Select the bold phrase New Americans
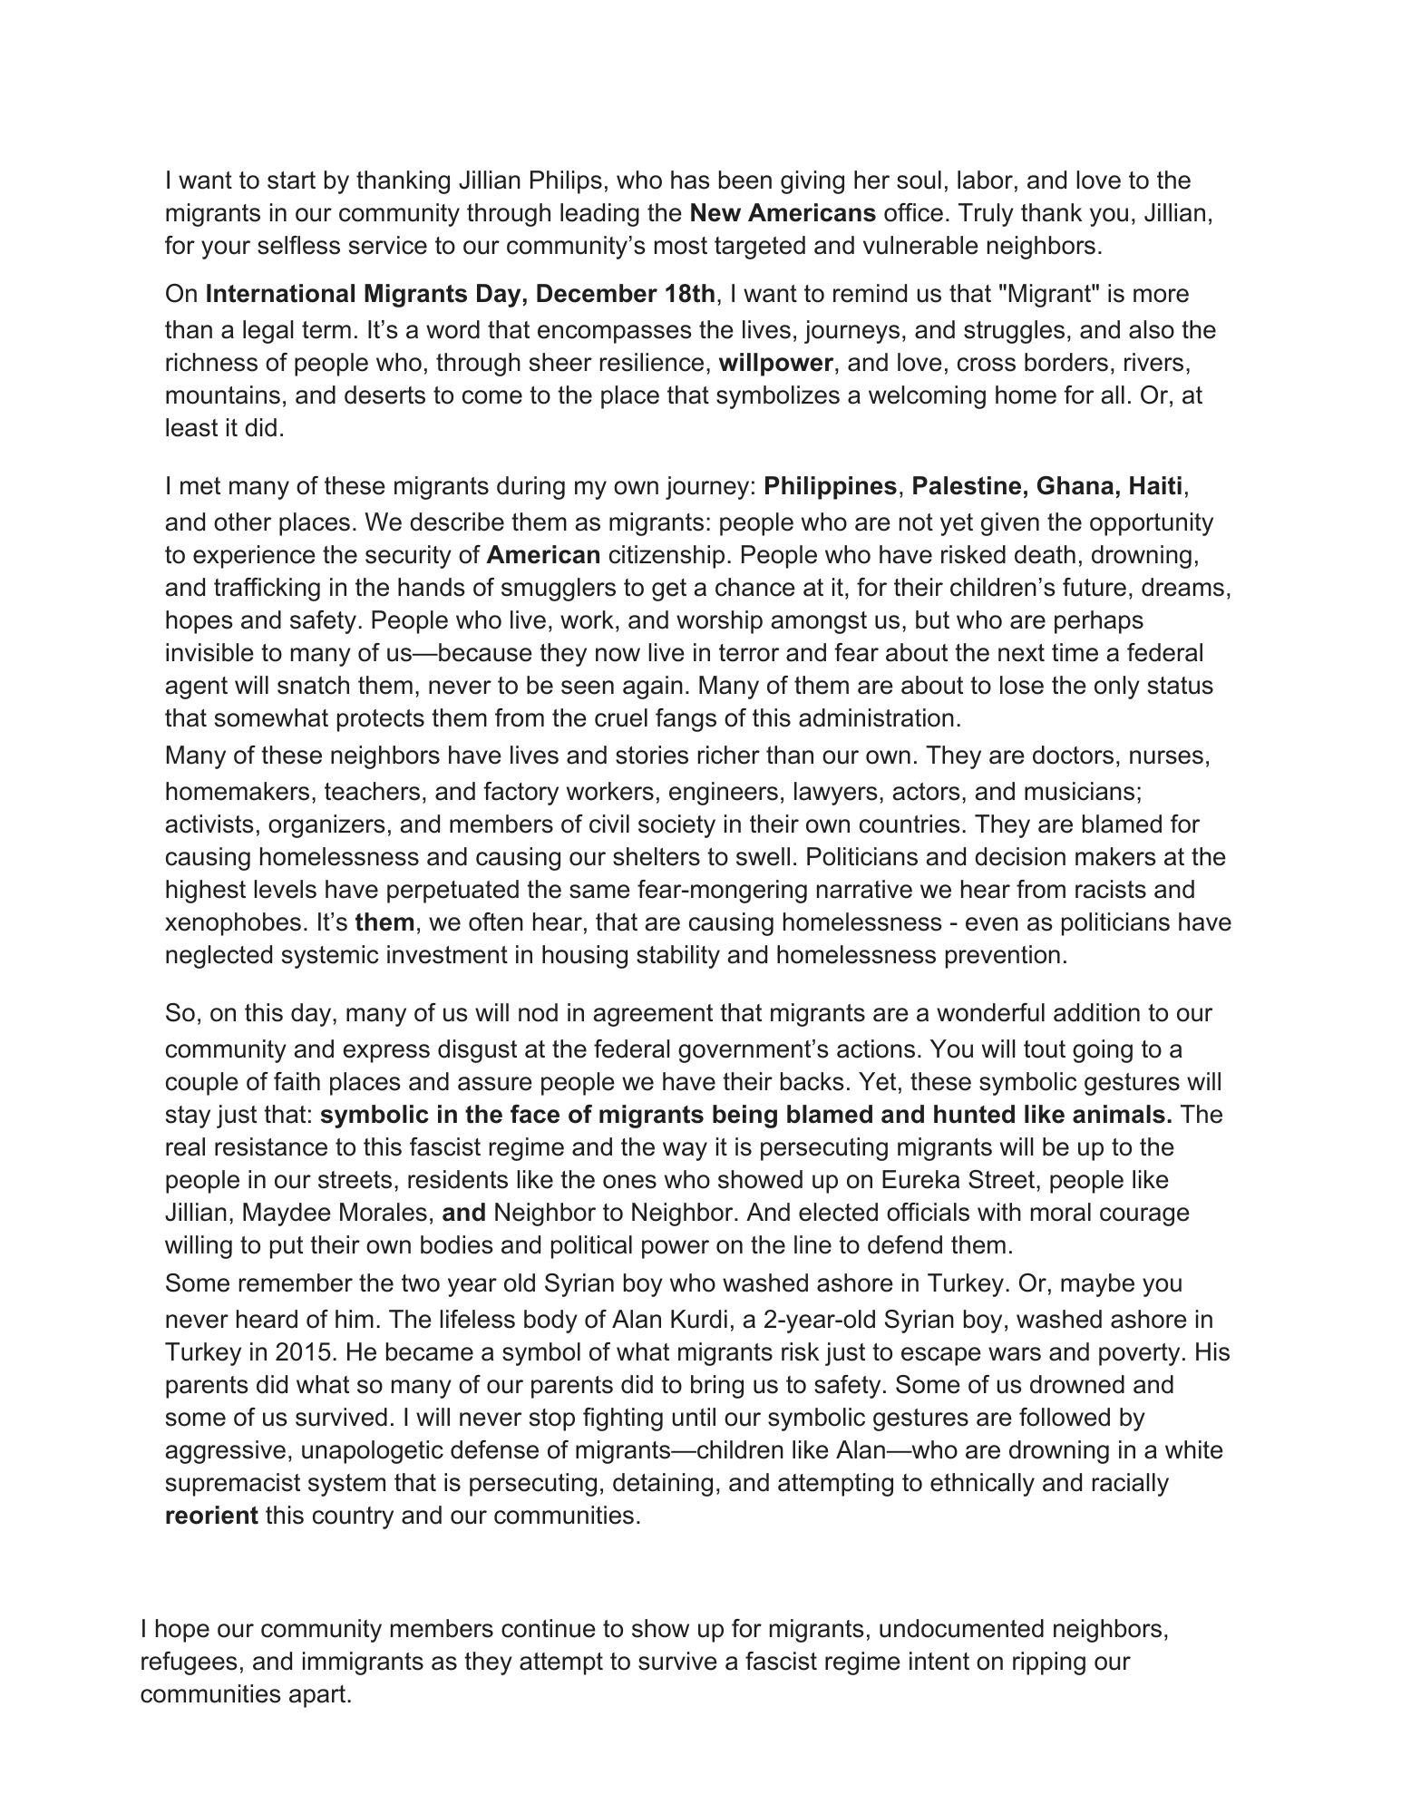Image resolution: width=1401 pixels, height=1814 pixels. tap(783, 214)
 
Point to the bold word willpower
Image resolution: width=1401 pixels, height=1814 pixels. tap(775, 364)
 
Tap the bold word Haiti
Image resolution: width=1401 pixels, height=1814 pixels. tap(1155, 487)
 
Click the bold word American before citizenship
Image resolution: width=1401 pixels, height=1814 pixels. tap(544, 555)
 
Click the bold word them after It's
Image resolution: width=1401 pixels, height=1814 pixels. tap(384, 923)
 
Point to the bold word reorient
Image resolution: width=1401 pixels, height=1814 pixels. tap(211, 1516)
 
